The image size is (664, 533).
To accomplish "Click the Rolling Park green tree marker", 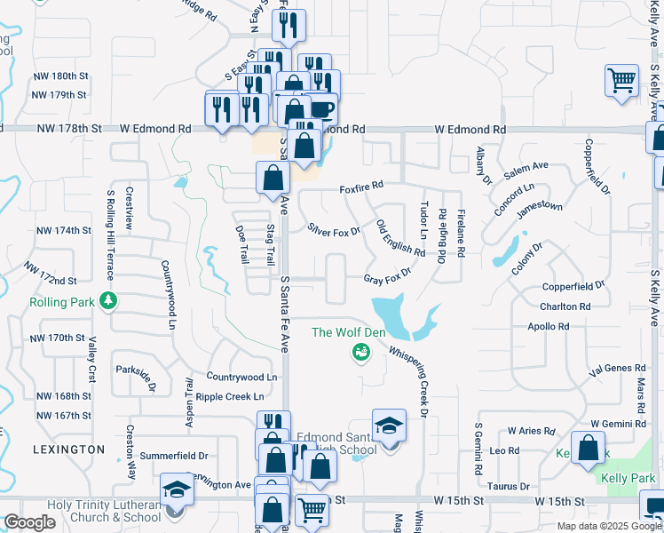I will coord(109,301).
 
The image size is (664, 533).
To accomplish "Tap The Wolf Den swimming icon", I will coord(360,354).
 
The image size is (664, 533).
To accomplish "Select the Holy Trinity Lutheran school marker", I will coord(176,490).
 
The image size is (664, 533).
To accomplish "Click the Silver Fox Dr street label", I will coord(334,230).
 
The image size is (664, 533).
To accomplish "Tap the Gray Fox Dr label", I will coord(388,278).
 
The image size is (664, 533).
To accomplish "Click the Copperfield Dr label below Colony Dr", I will coord(573,287).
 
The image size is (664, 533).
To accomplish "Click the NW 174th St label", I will coord(60,230).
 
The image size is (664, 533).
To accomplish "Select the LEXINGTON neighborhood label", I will coord(68,449).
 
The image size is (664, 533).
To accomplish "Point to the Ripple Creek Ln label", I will coord(230,396).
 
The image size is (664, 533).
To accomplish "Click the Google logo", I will coord(28,522).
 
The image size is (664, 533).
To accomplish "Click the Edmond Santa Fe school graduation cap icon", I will coord(389,427).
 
